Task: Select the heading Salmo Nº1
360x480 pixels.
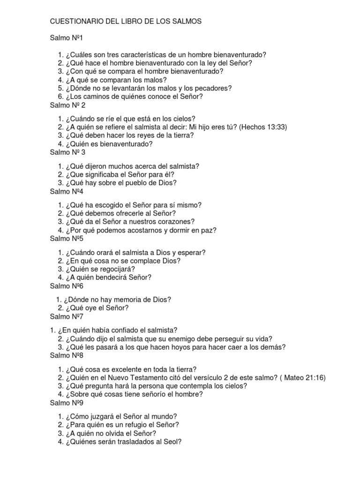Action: click(x=66, y=37)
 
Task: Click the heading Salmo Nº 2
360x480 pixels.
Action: click(x=67, y=105)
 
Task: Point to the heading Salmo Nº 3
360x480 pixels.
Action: click(x=67, y=152)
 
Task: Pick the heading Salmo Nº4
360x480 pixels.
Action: click(x=66, y=191)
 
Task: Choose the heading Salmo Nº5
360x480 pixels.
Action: click(x=66, y=238)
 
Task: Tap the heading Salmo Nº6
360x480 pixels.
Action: click(x=66, y=285)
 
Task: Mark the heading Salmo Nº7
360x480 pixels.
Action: click(x=66, y=316)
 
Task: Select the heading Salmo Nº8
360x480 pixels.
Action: click(x=66, y=355)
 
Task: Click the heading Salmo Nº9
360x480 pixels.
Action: click(x=66, y=403)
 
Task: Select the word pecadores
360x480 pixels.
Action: click(x=201, y=88)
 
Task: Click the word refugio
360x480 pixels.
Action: click(x=130, y=425)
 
